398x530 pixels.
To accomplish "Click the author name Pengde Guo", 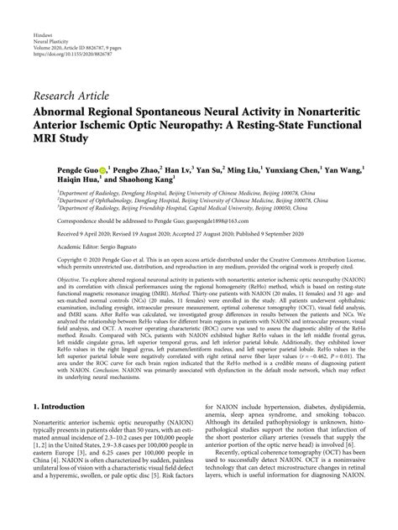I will [x=56, y=169].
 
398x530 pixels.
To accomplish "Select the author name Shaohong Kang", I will [x=143, y=179].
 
